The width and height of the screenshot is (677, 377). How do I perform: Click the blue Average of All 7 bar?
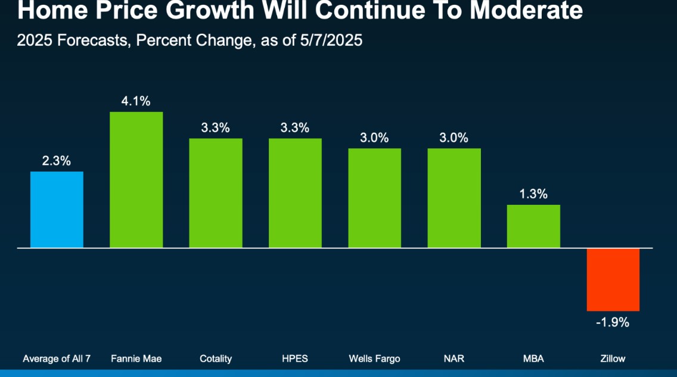(x=57, y=209)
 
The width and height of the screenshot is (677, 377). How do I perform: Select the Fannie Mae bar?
(x=136, y=179)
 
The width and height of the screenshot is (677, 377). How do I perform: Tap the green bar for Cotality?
(x=216, y=192)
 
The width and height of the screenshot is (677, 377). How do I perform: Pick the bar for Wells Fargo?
(x=375, y=198)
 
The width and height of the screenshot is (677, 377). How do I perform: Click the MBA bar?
(x=533, y=226)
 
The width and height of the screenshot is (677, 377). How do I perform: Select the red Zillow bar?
(x=613, y=279)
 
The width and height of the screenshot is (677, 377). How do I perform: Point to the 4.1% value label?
(x=136, y=101)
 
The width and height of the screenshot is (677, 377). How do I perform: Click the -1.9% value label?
(x=613, y=323)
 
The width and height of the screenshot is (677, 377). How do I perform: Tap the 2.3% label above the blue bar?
(x=57, y=161)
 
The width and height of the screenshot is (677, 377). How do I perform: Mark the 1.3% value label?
(x=533, y=194)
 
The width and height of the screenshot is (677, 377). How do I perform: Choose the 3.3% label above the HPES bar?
(x=295, y=127)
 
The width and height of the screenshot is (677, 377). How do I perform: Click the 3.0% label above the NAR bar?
(x=454, y=138)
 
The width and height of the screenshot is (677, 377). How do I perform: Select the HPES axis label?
(x=295, y=359)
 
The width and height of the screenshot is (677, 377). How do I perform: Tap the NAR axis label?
(x=454, y=359)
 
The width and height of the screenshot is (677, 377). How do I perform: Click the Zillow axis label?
(x=613, y=359)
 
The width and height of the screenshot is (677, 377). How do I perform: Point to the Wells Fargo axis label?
(x=375, y=359)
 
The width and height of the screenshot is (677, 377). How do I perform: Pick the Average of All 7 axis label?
(x=57, y=359)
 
